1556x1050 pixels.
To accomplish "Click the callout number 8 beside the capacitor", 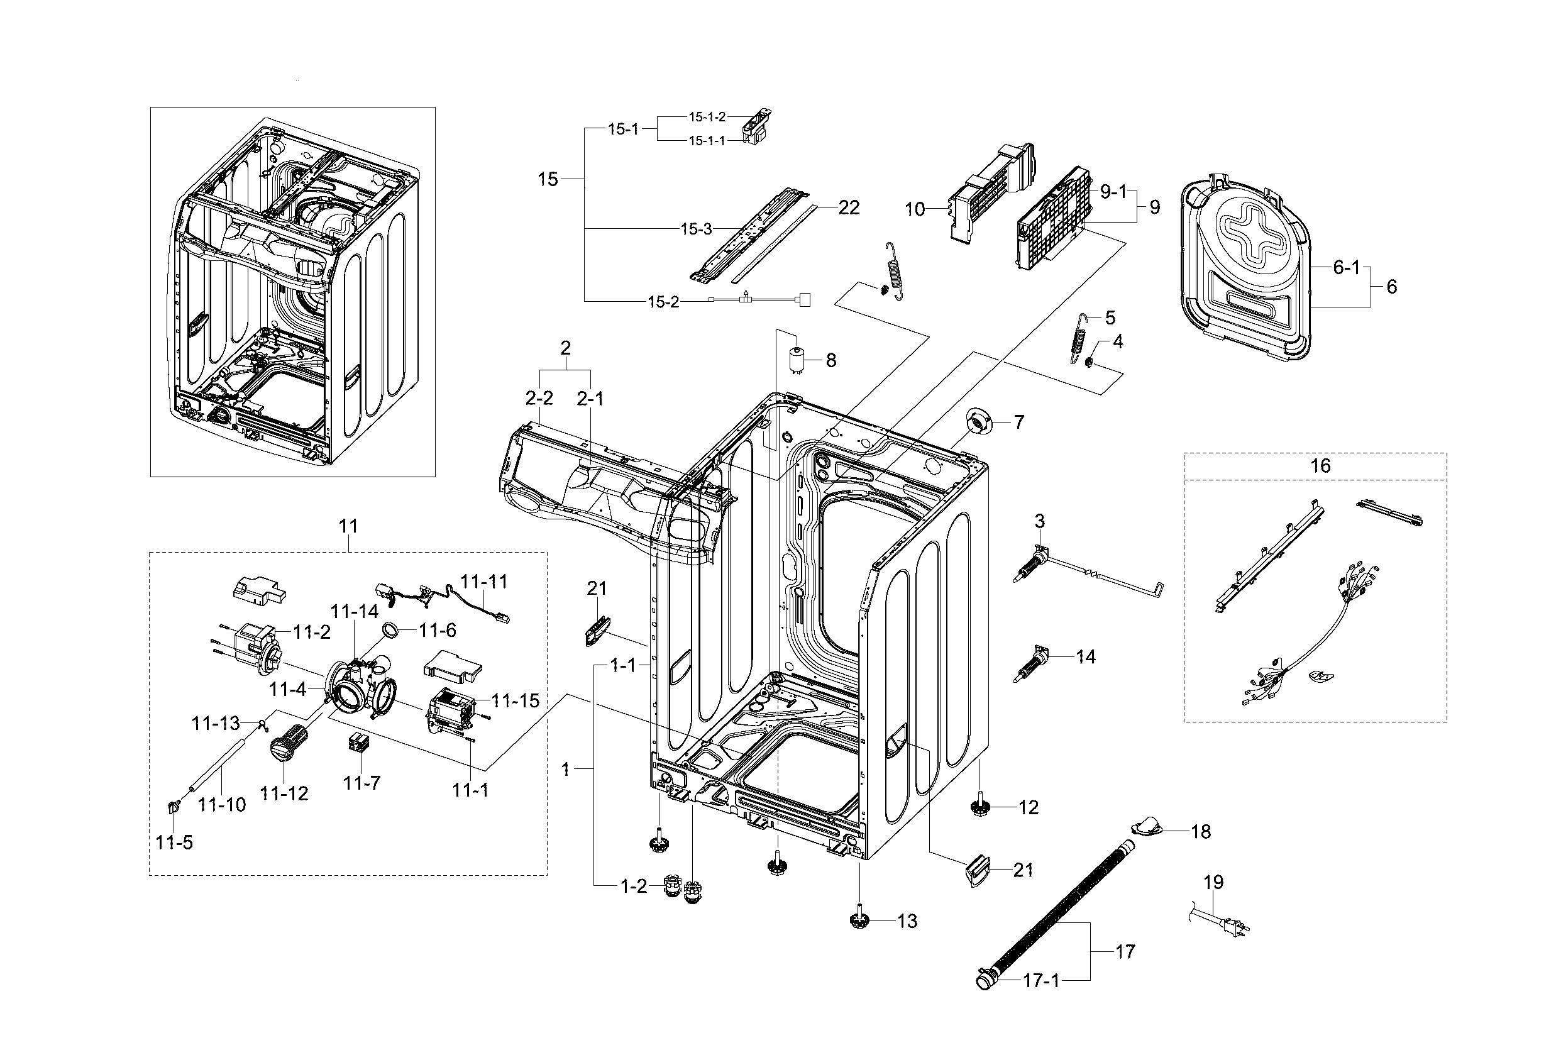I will (831, 361).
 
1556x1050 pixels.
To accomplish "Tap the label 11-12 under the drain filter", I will (284, 793).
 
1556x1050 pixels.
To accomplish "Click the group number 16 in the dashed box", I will (1320, 466).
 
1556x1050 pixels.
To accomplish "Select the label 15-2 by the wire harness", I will (663, 302).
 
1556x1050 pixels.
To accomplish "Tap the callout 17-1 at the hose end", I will (1041, 981).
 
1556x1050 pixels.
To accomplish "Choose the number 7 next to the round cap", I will (1018, 423).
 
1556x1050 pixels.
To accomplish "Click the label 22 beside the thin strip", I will (849, 207).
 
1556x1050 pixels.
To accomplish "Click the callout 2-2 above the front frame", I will (539, 399).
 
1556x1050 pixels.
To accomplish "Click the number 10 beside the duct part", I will (915, 209).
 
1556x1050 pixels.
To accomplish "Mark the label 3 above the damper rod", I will (1039, 521).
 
